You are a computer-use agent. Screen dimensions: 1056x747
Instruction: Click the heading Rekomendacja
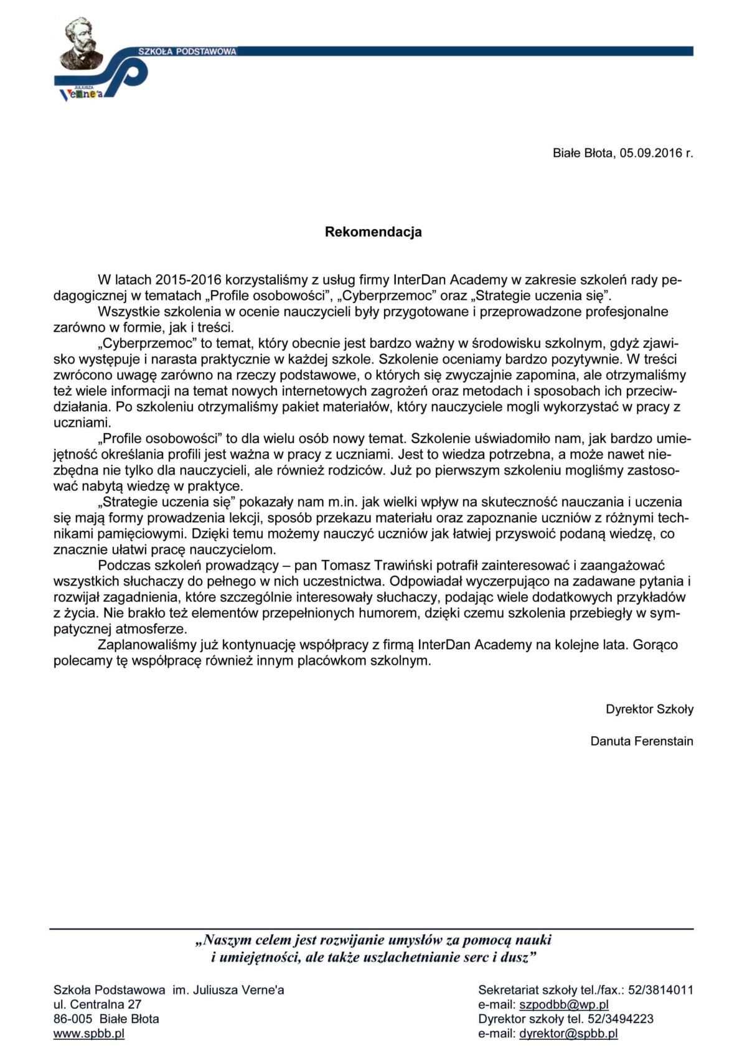click(x=373, y=232)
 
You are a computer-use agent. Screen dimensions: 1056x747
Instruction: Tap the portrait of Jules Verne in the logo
click(x=79, y=44)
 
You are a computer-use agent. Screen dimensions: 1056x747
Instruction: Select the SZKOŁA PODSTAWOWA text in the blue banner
click(x=187, y=52)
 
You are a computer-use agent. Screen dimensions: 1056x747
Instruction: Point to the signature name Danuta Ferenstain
click(x=641, y=741)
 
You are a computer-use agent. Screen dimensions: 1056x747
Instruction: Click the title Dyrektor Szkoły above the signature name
click(x=649, y=709)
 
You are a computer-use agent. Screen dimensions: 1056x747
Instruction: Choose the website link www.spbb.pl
click(x=89, y=1034)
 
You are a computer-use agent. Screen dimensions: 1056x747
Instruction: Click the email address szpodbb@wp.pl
click(x=563, y=1004)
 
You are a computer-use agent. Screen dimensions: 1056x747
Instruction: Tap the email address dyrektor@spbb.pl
click(x=568, y=1034)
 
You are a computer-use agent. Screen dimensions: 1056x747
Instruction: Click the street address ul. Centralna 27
click(x=97, y=1004)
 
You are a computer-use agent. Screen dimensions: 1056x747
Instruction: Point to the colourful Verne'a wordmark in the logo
click(x=81, y=94)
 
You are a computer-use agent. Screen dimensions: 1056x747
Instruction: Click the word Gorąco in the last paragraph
click(x=655, y=645)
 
